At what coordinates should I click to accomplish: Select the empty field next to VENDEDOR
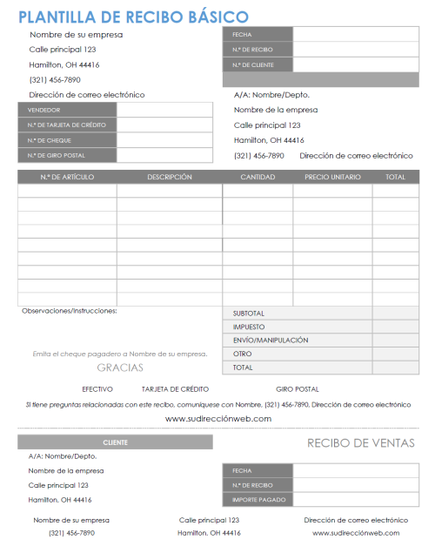164,110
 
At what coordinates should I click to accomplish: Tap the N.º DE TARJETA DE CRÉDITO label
67,125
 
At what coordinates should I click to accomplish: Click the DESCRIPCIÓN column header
170,177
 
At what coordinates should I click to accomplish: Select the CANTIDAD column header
258,177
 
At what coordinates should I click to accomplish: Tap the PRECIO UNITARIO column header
331,177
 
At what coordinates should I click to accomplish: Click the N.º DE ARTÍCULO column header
67,177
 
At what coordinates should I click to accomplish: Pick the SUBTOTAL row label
249,314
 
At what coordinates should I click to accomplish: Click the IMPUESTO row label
249,327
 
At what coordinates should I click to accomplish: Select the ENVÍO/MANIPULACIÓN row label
271,341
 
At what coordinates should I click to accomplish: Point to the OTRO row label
243,354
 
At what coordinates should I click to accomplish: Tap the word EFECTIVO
97,389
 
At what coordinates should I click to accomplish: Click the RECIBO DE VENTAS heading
361,443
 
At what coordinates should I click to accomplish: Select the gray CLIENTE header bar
115,442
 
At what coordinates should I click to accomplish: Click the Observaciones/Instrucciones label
70,311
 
